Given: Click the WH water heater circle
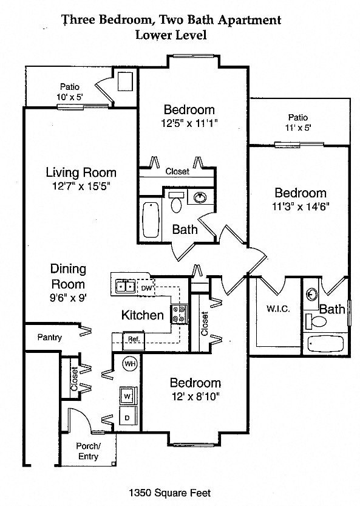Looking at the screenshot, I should tap(129, 364).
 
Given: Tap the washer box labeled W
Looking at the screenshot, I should tap(128, 396).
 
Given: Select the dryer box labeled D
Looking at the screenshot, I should tap(128, 419).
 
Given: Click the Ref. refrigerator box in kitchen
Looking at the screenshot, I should tap(132, 339).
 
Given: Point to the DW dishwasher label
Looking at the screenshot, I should tap(148, 287).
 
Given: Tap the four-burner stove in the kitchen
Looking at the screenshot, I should tap(180, 313).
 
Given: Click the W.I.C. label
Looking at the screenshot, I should tap(277, 309).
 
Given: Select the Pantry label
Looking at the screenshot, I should tap(49, 337).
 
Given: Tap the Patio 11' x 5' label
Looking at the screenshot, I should tap(297, 123).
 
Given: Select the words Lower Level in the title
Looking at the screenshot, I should tap(172, 35).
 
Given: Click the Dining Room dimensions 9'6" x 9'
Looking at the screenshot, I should tap(67, 298).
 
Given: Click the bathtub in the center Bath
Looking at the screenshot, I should tap(150, 221).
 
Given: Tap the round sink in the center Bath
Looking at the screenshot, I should tap(199, 197).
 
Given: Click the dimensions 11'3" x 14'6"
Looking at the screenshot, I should tap(300, 207).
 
